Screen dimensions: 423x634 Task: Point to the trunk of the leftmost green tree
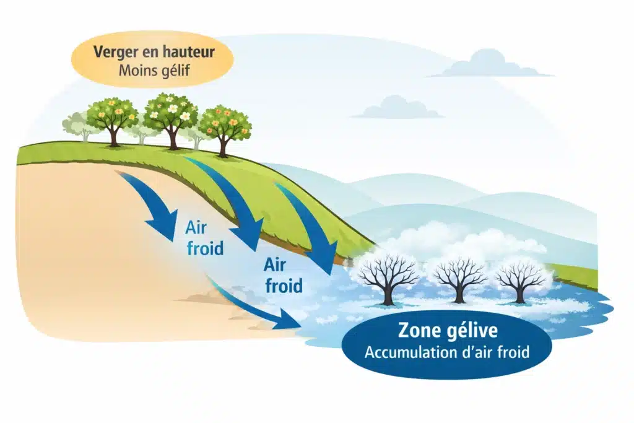pos(113,136)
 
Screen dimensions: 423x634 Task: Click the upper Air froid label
pos(204,238)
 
